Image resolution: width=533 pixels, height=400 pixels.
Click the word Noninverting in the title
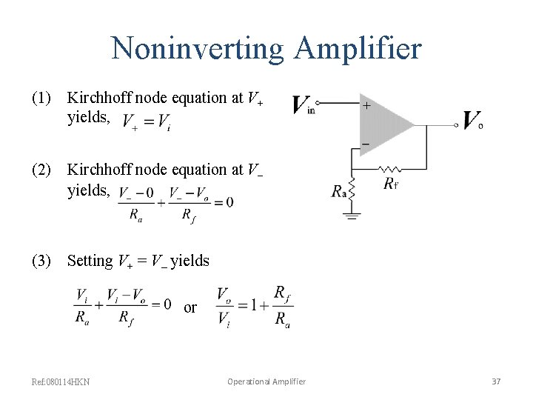pyautogui.click(x=197, y=49)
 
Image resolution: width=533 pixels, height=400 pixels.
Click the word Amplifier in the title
pyautogui.click(x=358, y=49)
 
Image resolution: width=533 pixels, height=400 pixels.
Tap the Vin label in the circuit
pyautogui.click(x=304, y=105)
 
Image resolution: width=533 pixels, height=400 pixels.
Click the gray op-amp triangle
pyautogui.click(x=385, y=124)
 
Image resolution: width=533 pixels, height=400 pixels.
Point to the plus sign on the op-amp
pyautogui.click(x=366, y=106)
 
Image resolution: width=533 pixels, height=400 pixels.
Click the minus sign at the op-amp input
pyautogui.click(x=365, y=143)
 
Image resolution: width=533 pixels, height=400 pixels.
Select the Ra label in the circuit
pyautogui.click(x=339, y=192)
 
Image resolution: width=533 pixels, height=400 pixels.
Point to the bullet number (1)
pyautogui.click(x=41, y=98)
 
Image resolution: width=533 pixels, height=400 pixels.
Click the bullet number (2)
pyautogui.click(x=41, y=170)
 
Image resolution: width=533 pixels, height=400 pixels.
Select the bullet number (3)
pyautogui.click(x=41, y=261)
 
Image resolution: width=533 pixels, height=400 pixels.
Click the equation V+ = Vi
pyautogui.click(x=147, y=122)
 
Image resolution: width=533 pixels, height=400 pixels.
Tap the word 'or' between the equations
pyautogui.click(x=190, y=307)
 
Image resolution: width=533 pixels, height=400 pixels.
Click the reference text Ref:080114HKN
pyautogui.click(x=61, y=381)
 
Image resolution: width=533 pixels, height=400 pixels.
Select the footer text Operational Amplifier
pyautogui.click(x=266, y=381)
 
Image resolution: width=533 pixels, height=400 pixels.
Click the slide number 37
pyautogui.click(x=496, y=381)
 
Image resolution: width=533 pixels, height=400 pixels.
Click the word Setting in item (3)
pyautogui.click(x=90, y=261)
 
